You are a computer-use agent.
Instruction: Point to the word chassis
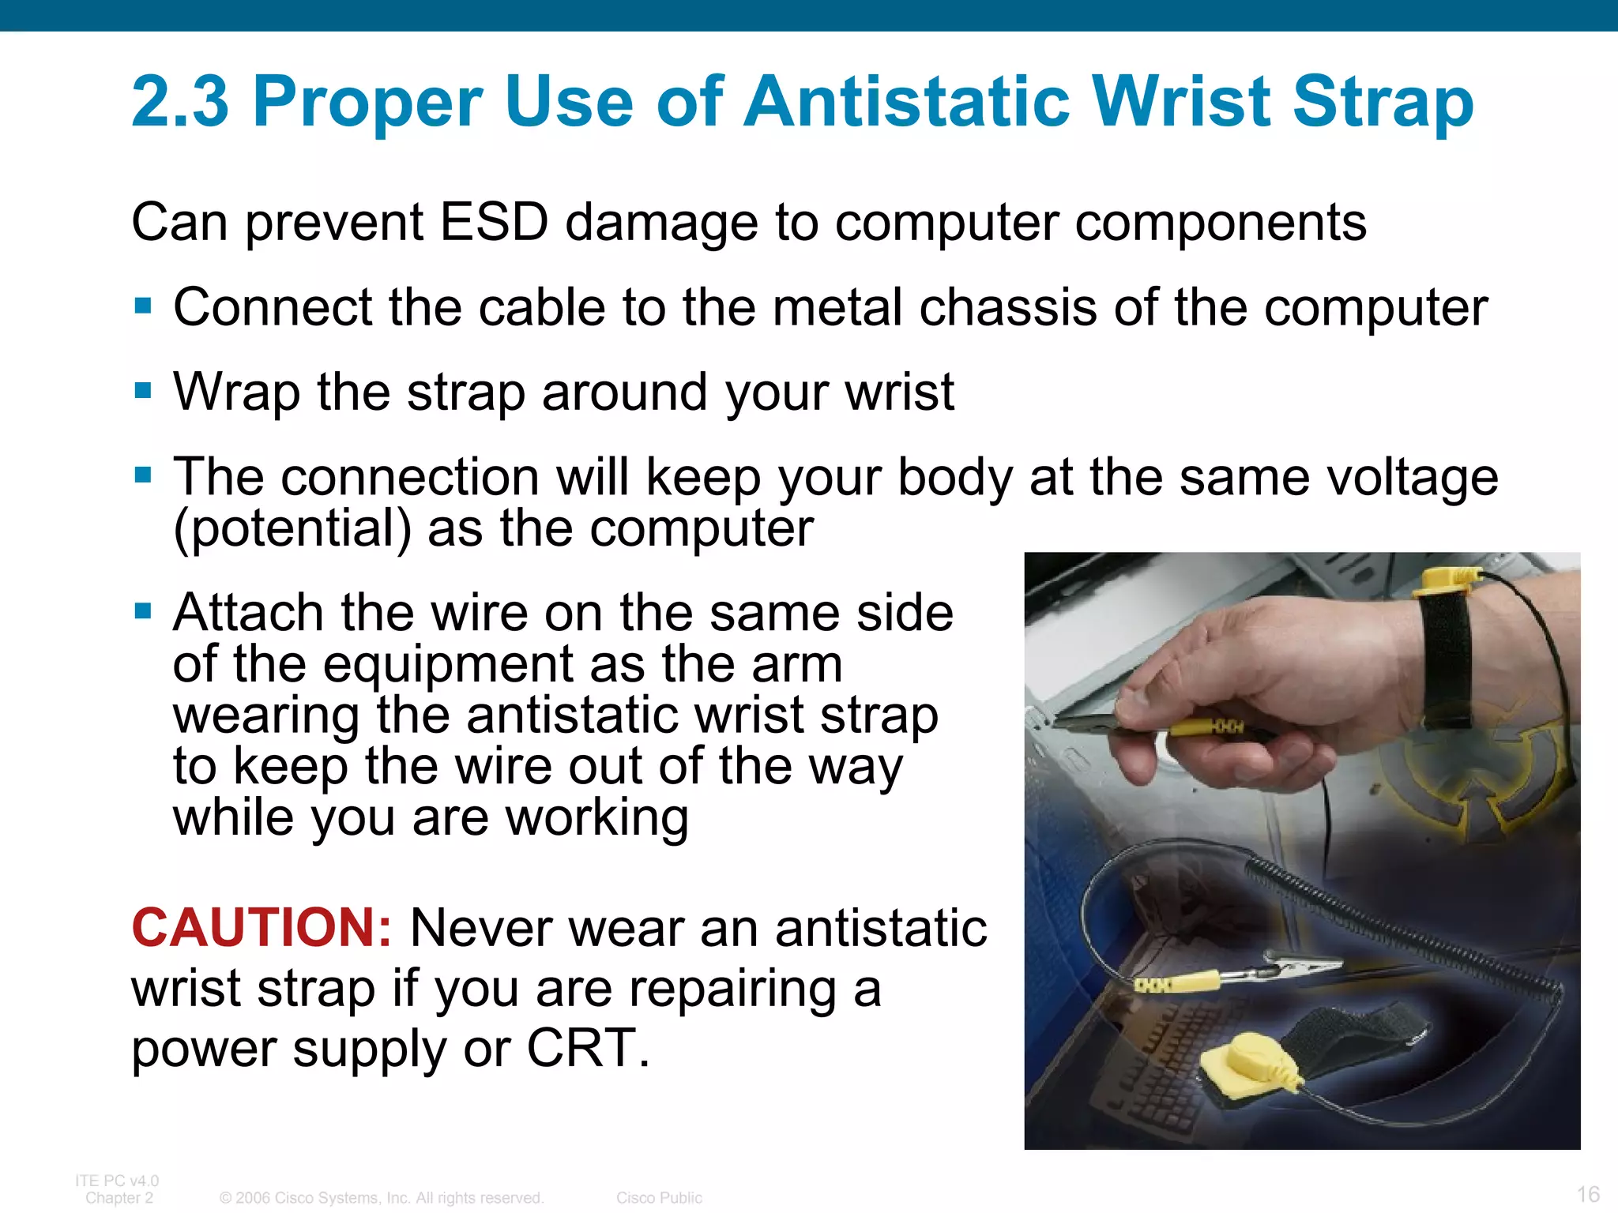click(x=999, y=307)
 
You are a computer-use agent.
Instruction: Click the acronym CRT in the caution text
click(x=588, y=1048)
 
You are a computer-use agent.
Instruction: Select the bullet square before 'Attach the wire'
click(x=143, y=611)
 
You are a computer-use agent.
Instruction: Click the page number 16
click(x=1588, y=1193)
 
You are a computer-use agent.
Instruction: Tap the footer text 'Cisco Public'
click(x=659, y=1198)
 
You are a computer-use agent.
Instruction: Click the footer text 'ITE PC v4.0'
click(x=117, y=1181)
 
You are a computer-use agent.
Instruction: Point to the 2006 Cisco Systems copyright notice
click(x=382, y=1198)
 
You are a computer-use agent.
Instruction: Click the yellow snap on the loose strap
click(x=1248, y=1061)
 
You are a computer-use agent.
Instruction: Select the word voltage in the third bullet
click(x=1412, y=478)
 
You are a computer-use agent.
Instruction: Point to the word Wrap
click(x=237, y=392)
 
